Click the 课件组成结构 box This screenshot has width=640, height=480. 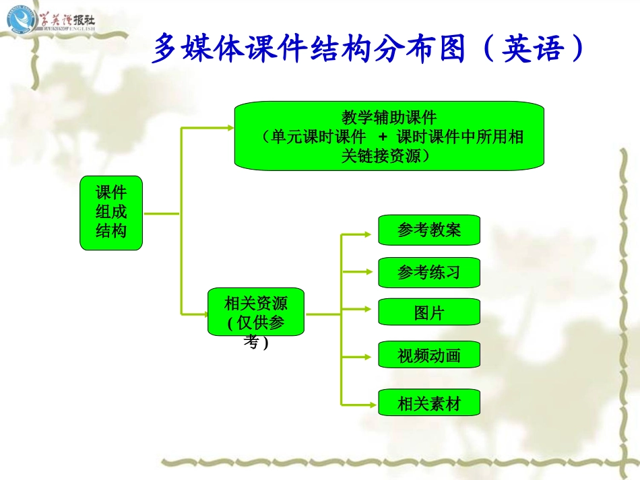(x=111, y=213)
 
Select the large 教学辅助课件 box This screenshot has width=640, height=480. (x=389, y=136)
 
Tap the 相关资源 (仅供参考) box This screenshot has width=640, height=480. (x=255, y=312)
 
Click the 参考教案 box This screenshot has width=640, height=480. (x=429, y=230)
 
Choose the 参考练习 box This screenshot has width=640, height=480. (x=429, y=272)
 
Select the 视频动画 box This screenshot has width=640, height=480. (x=429, y=355)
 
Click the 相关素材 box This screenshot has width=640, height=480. (x=429, y=403)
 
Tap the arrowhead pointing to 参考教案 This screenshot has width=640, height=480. (x=367, y=234)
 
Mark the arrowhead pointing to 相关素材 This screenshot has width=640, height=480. (x=367, y=404)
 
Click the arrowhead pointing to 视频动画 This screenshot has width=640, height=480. (x=367, y=355)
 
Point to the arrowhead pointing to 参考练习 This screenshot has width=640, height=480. (x=367, y=272)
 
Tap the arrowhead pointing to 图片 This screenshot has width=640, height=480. (x=367, y=309)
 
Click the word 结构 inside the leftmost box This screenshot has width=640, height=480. (x=111, y=231)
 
